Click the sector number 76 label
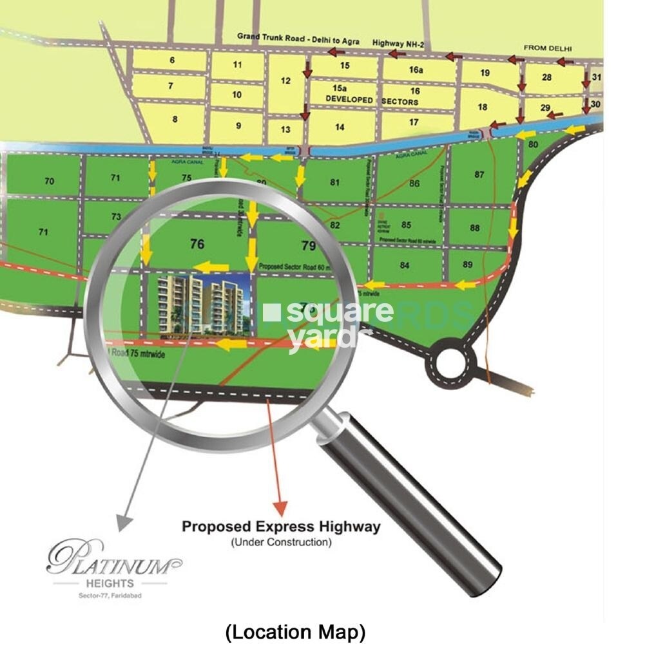pos(197,243)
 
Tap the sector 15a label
pos(340,88)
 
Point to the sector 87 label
pos(479,174)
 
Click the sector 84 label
pos(405,265)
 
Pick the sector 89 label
pos(468,264)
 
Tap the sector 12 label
pos(286,81)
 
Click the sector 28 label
pos(547,77)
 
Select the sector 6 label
pos(172,61)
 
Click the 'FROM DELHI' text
pos(548,48)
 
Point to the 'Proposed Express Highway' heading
pos(281,527)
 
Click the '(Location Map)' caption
pos(295,632)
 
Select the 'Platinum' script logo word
pos(113,559)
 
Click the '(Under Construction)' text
pos(281,542)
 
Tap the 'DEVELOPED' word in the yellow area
pos(349,100)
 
